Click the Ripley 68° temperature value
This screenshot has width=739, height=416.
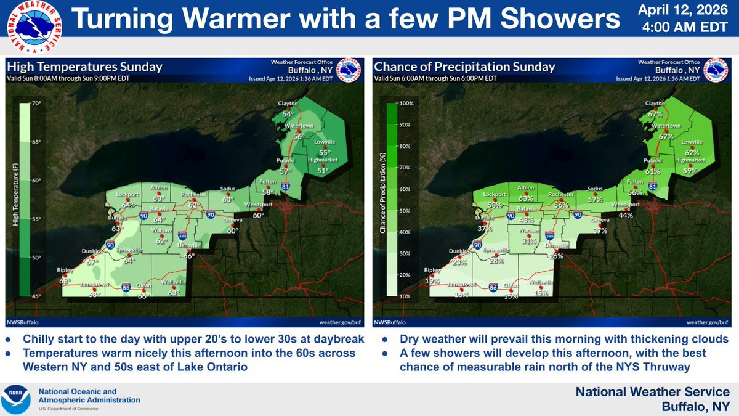tap(65, 281)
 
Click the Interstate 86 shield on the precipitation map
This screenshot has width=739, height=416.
tap(493, 287)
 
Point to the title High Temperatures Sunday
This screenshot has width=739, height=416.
tap(84, 67)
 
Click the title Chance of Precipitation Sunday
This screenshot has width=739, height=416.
tap(465, 67)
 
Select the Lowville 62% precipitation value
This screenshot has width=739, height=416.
tap(692, 152)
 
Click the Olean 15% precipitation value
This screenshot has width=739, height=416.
tap(509, 296)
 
